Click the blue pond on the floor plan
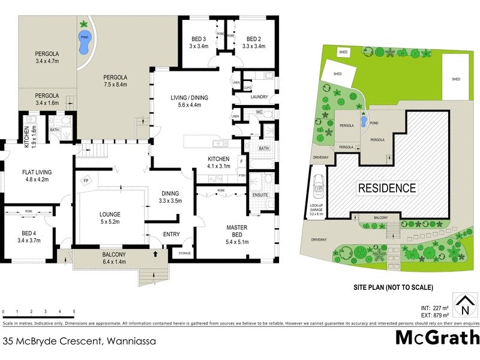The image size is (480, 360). click(85, 40)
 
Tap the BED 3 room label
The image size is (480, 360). click(197, 40)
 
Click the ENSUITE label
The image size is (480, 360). click(260, 195)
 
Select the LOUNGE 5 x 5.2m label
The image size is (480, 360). click(110, 218)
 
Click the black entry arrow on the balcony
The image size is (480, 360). click(157, 254)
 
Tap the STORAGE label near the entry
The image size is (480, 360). click(185, 254)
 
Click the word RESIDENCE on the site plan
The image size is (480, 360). click(387, 188)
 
